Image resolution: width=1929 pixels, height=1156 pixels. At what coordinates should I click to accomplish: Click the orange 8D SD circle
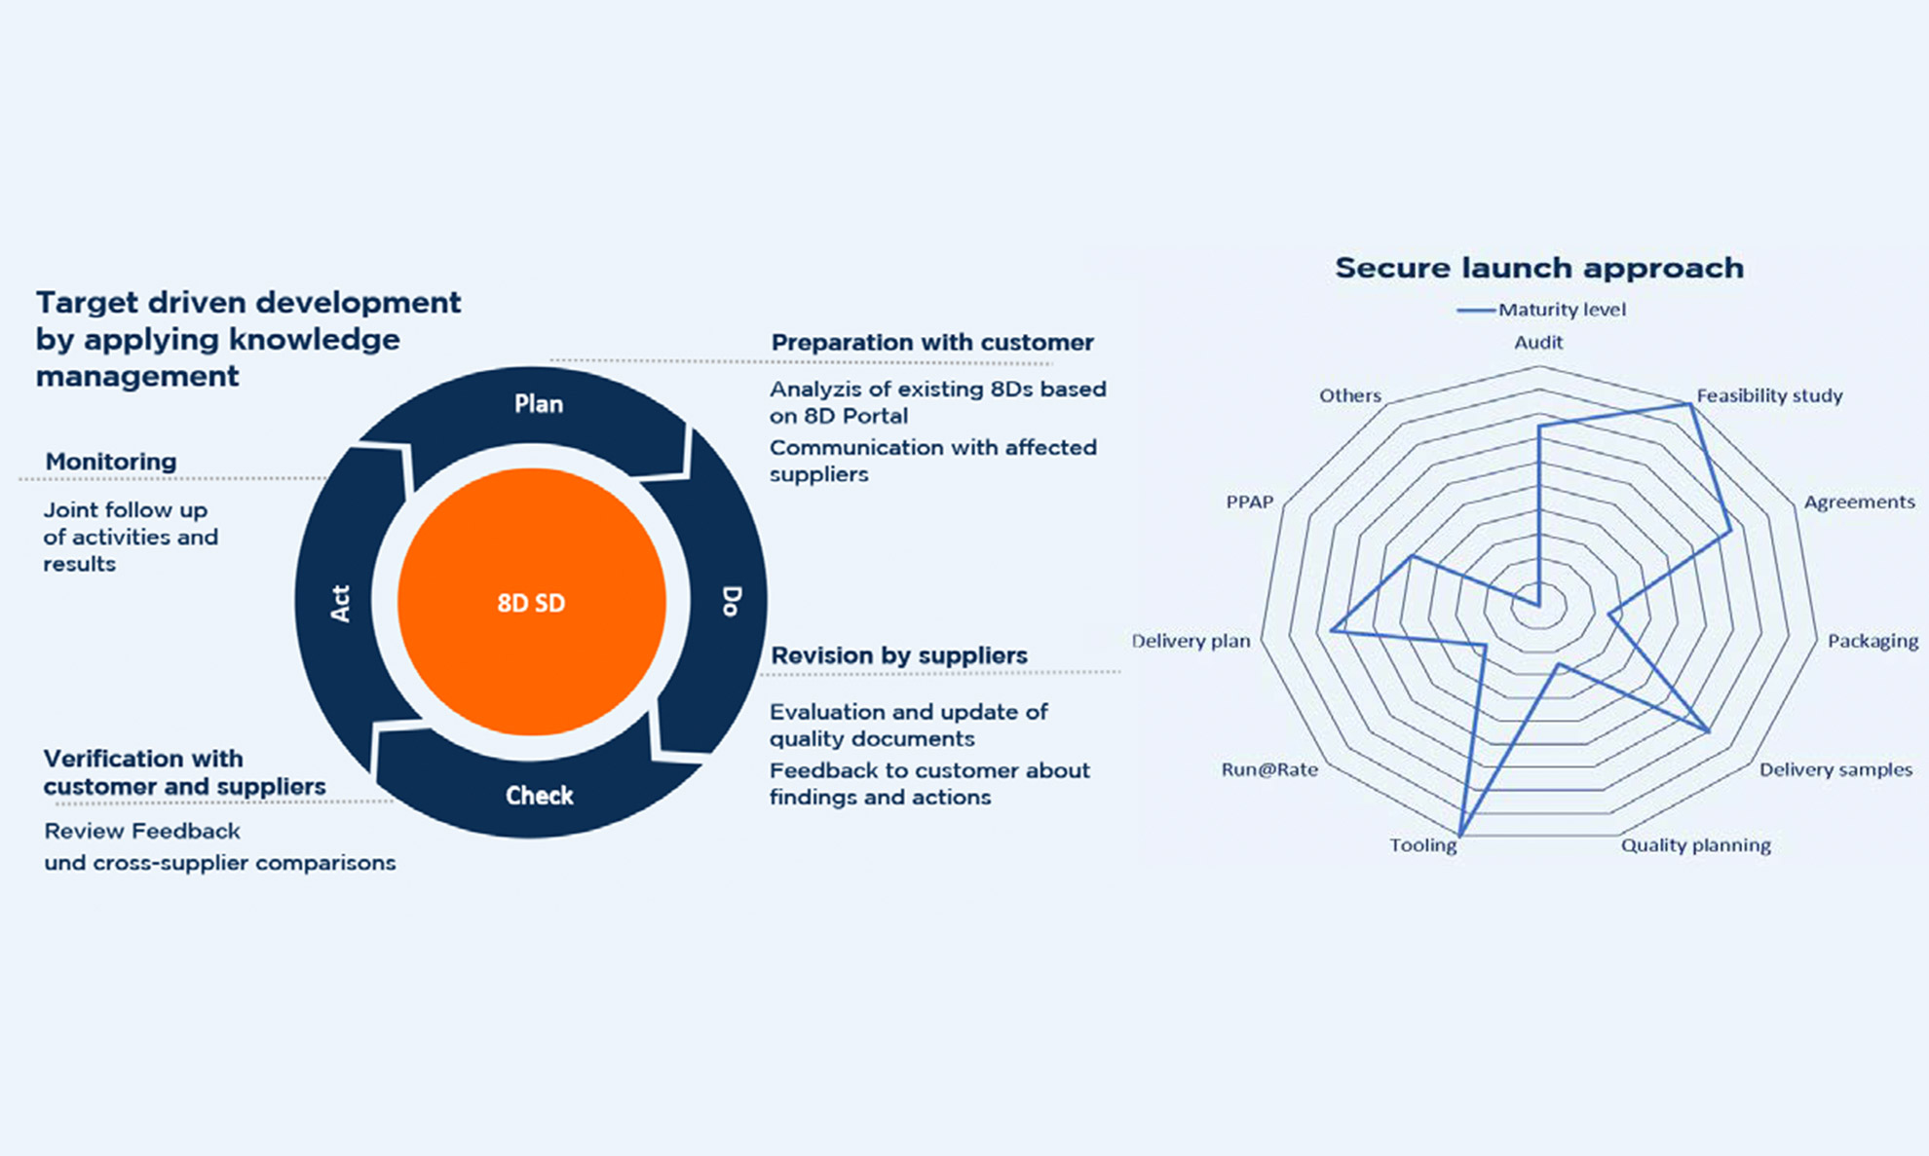532,602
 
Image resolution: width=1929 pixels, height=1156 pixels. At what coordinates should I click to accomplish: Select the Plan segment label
539,404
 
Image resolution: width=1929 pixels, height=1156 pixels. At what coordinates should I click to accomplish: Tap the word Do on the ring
732,601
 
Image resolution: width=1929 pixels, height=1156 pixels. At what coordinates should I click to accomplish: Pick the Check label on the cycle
540,796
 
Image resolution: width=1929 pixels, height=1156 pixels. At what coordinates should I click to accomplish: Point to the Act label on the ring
339,604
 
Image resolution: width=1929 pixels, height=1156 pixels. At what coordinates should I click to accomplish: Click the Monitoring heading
111,462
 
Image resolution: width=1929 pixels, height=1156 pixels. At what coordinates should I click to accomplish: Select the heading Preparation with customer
932,343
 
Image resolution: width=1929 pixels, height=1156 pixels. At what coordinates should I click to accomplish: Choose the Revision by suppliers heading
899,655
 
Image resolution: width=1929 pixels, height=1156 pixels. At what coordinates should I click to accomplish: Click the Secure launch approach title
1539,268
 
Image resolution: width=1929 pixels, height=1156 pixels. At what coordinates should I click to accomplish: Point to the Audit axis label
1538,343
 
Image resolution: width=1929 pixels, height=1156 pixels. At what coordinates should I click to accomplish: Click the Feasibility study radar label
1769,396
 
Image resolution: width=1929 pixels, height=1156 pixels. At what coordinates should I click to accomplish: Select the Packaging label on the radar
1872,641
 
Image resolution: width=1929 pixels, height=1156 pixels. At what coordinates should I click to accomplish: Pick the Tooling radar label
1423,845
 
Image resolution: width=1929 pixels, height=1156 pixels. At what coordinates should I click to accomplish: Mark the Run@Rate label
1269,769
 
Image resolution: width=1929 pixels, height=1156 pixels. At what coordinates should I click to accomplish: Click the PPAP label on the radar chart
1250,503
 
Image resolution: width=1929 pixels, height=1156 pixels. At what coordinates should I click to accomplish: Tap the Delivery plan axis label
1191,641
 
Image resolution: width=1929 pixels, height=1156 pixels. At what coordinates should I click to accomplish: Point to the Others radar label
1350,395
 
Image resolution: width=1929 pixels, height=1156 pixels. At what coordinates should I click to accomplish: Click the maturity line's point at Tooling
1461,835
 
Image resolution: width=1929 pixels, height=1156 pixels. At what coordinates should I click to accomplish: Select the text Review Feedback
142,831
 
